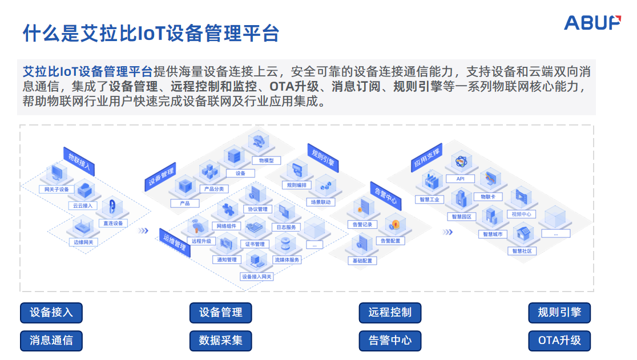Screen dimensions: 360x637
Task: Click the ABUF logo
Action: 592,23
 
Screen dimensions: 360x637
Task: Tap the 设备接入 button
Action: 51,313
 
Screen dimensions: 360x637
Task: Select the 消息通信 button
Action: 51,341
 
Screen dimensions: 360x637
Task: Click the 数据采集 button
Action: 220,341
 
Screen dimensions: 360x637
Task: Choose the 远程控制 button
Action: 390,313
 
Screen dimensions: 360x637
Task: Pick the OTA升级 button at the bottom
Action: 559,341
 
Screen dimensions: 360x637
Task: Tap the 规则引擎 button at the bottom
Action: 559,313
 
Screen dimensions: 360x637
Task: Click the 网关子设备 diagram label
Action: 57,189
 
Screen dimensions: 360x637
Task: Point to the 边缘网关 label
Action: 83,242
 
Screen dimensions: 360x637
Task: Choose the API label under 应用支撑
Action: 460,179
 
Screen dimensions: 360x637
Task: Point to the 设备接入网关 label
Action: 257,277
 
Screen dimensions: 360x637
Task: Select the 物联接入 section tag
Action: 80,161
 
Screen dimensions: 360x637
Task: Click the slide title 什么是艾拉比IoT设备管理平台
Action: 151,33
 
